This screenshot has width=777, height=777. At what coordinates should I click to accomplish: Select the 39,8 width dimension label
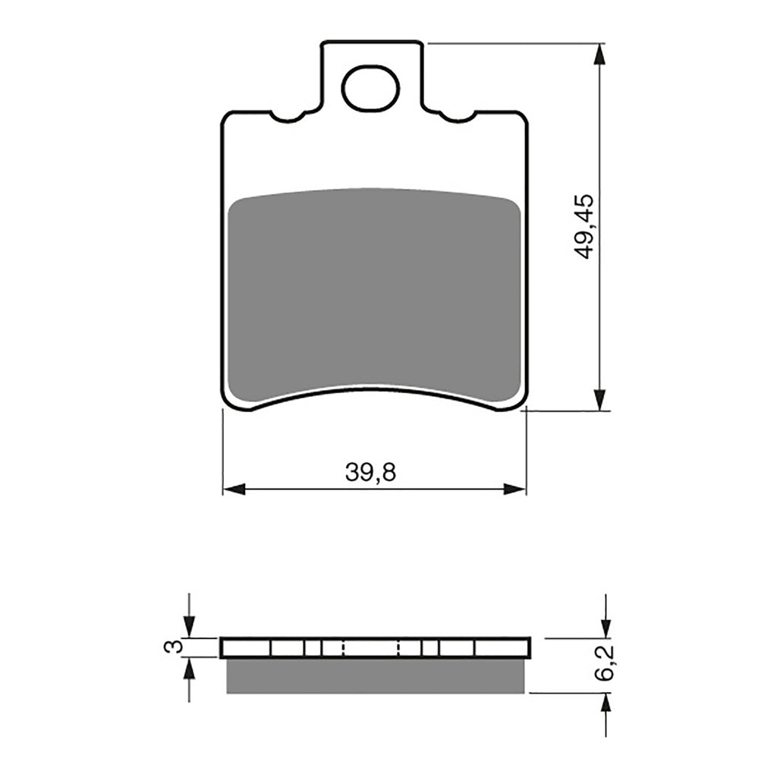(x=371, y=473)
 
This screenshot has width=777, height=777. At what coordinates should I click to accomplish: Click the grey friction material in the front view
(x=374, y=292)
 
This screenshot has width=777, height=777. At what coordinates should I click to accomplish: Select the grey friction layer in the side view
(x=376, y=675)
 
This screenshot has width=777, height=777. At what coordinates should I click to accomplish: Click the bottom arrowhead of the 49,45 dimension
(x=600, y=400)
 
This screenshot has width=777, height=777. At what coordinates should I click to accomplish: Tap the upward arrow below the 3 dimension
(x=189, y=668)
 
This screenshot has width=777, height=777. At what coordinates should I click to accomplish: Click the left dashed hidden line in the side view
(x=344, y=647)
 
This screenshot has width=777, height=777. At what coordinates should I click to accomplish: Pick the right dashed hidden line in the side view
(x=400, y=647)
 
